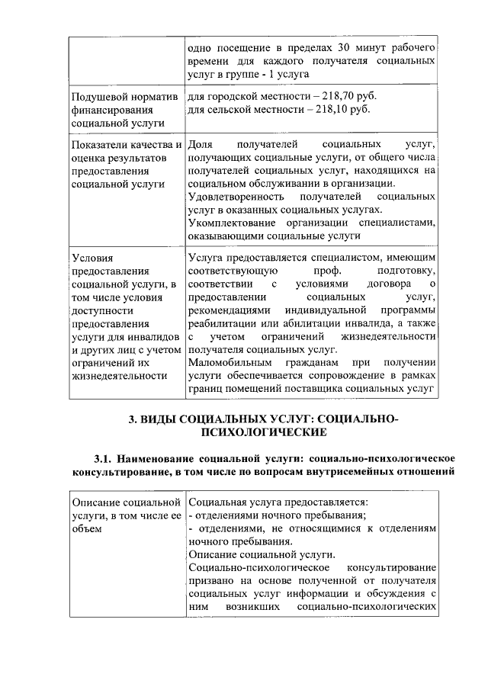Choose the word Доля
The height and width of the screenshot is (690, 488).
coord(200,144)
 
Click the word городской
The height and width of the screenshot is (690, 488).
coord(230,97)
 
